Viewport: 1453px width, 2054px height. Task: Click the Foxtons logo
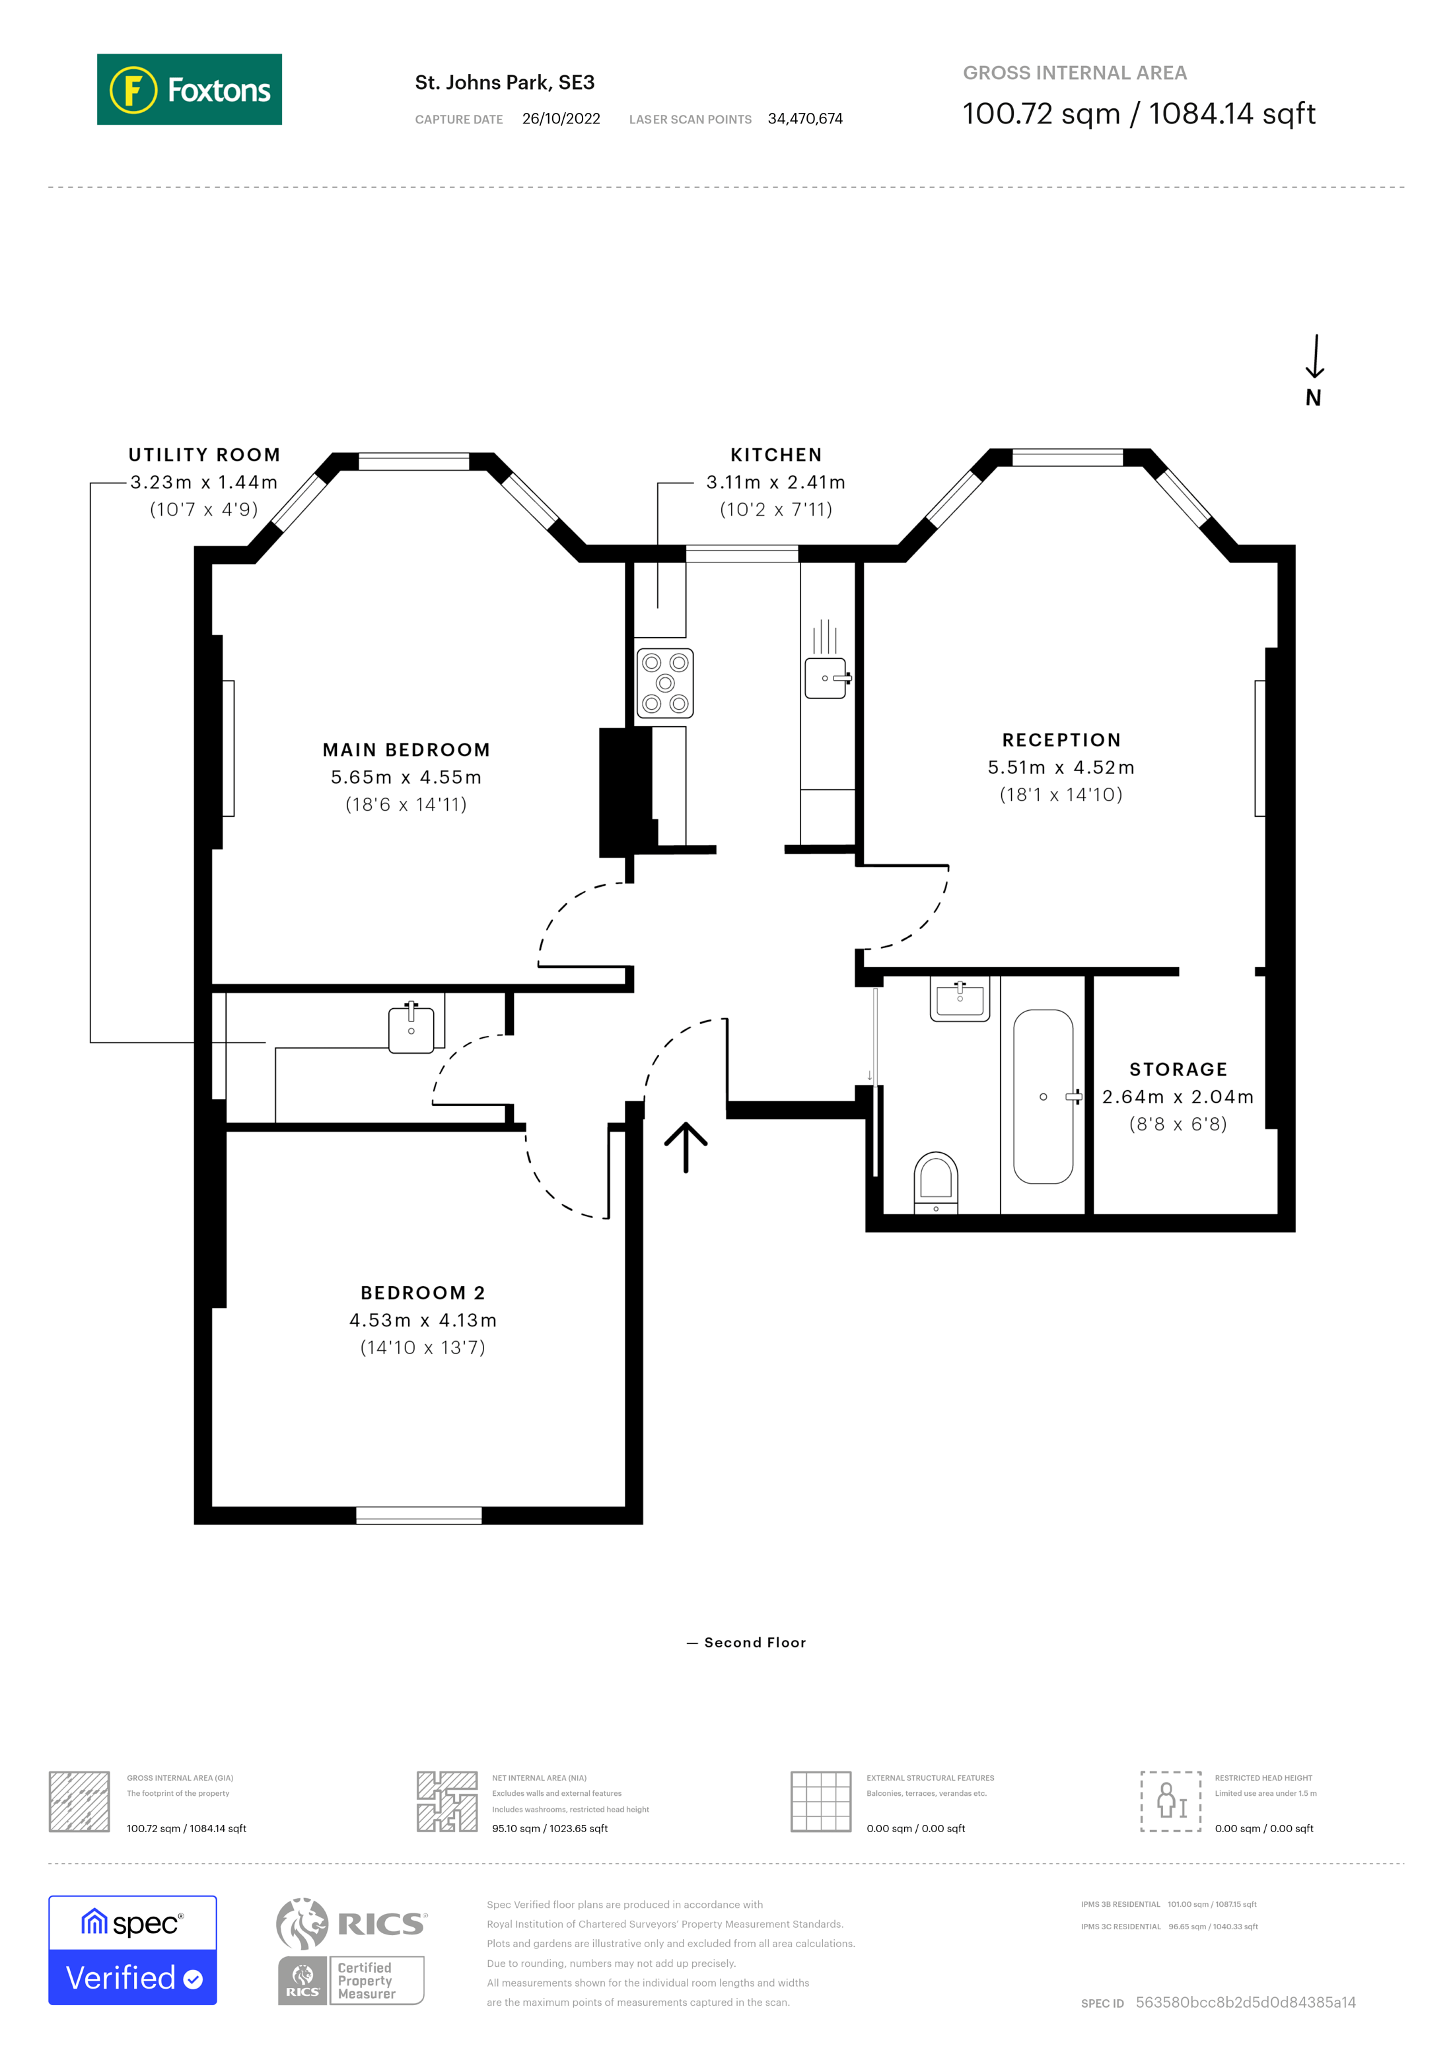tap(189, 89)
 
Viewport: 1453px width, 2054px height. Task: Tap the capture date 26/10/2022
tap(561, 119)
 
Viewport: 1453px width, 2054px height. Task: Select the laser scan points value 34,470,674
tap(804, 119)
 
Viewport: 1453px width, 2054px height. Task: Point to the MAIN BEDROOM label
tap(406, 749)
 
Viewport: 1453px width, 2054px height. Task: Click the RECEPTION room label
tap(1061, 740)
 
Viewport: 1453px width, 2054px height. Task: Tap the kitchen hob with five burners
tap(665, 683)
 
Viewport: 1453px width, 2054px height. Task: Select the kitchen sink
tap(826, 678)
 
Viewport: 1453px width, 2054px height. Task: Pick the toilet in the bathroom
tap(936, 1181)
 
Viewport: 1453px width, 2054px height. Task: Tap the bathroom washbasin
tap(960, 998)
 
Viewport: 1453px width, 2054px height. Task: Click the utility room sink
tap(411, 1030)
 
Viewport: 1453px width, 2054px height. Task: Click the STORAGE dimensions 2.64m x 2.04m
tap(1178, 1097)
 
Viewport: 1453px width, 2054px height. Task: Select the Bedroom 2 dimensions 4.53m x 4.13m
tap(422, 1320)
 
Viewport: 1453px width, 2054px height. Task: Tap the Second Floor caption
tap(754, 1643)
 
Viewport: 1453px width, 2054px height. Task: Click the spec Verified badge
tap(132, 1950)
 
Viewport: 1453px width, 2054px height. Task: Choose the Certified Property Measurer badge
tap(351, 1981)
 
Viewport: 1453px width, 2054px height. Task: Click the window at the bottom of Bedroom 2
tap(419, 1515)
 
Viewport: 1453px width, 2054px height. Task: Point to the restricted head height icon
tap(1170, 1801)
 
